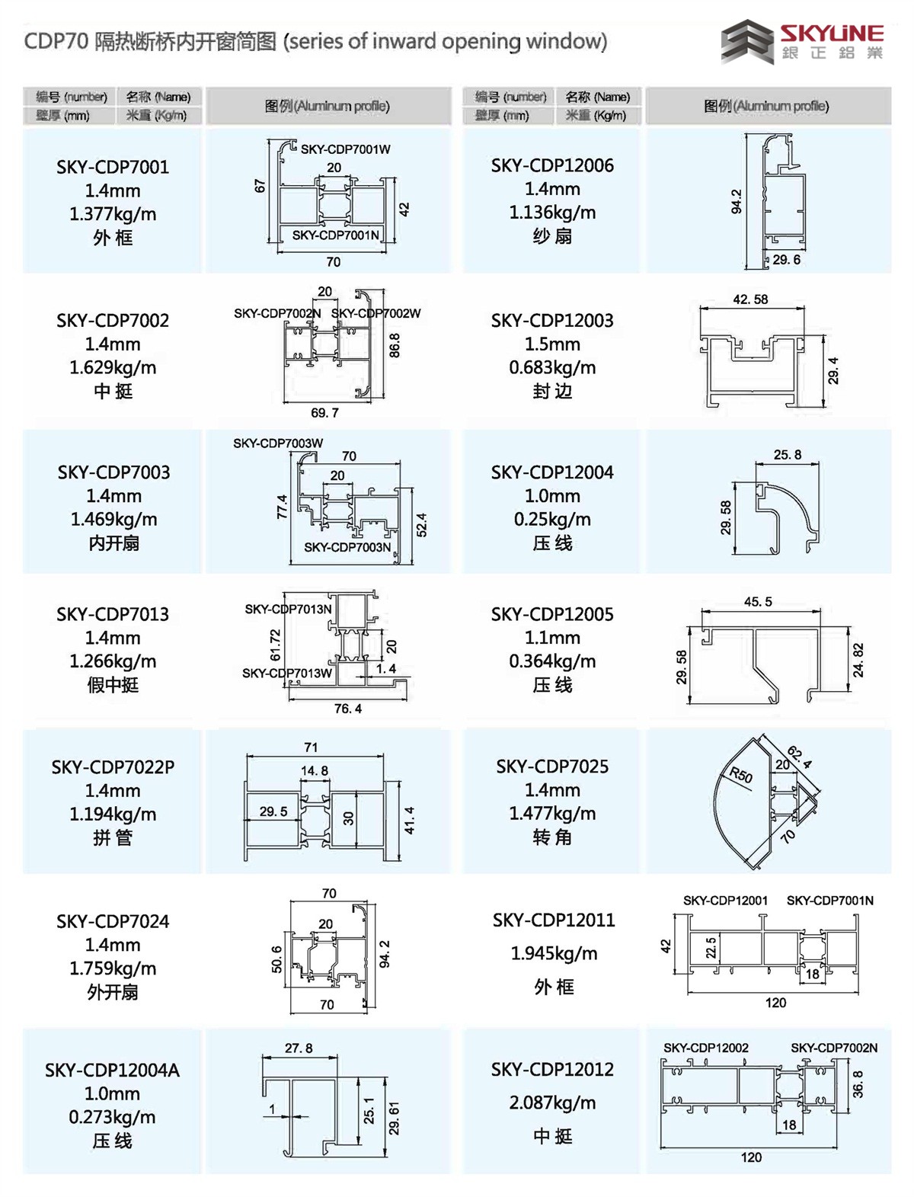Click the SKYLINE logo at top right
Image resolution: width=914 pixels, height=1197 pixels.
(803, 42)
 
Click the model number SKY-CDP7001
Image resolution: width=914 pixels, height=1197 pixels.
(113, 167)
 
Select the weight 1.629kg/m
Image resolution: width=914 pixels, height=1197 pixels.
(113, 367)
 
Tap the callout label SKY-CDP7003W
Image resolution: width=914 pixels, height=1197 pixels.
(278, 443)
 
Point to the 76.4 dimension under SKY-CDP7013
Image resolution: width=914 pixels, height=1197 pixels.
(347, 709)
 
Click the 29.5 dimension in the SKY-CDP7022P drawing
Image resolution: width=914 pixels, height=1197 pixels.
(273, 811)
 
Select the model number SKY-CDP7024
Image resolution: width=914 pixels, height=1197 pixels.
(113, 921)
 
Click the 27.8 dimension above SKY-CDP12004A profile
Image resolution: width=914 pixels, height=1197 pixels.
(299, 1048)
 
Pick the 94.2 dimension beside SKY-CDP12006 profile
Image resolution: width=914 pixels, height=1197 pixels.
(737, 201)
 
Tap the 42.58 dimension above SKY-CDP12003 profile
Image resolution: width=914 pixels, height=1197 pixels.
(750, 299)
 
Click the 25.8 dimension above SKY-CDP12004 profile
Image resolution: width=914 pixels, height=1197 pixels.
(787, 455)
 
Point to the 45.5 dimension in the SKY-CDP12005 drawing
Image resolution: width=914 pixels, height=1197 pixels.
(758, 602)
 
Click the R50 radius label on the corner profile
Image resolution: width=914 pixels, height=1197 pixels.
(740, 776)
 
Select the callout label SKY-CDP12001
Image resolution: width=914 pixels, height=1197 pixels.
(725, 901)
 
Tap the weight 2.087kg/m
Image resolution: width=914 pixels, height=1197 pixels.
(553, 1103)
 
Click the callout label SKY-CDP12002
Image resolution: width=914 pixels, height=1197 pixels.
(705, 1048)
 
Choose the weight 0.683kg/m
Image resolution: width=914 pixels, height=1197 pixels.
(552, 367)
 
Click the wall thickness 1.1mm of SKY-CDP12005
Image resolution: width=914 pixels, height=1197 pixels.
(552, 638)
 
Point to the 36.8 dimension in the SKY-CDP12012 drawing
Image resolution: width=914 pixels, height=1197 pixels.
(858, 1083)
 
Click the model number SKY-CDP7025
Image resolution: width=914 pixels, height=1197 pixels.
(552, 767)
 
